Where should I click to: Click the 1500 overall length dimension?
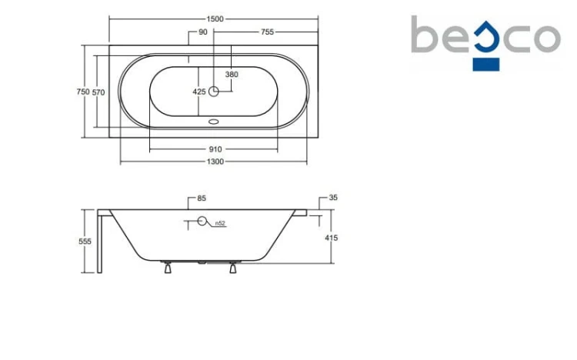click(215, 18)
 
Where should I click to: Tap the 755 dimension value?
click(267, 32)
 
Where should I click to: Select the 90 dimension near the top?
click(203, 32)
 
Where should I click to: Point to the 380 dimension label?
click(232, 75)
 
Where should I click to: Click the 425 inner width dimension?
click(199, 92)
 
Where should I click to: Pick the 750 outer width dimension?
click(83, 92)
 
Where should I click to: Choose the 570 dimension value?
click(98, 92)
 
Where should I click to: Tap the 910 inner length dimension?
click(215, 149)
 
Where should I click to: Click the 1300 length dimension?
click(215, 162)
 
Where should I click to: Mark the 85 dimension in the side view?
click(202, 198)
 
